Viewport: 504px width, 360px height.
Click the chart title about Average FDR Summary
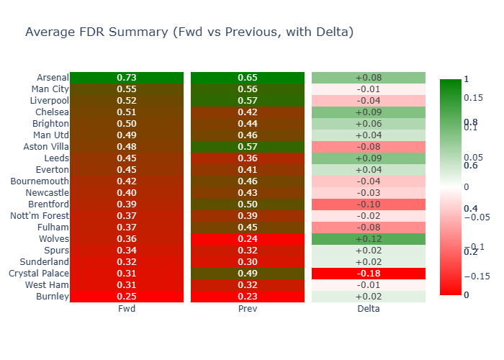[x=189, y=32]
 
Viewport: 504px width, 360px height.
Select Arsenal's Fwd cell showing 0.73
[x=127, y=78]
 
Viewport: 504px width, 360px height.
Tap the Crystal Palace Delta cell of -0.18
[x=369, y=274]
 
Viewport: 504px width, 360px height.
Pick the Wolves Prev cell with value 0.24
[x=248, y=239]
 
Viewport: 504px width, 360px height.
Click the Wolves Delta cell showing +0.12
[x=369, y=239]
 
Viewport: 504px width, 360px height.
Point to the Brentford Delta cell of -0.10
[x=369, y=204]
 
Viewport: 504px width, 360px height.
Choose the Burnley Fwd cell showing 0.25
[x=127, y=297]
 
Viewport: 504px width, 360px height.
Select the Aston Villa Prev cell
[x=248, y=147]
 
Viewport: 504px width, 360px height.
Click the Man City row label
[x=50, y=89]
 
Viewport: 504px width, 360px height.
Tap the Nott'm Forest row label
[x=40, y=216]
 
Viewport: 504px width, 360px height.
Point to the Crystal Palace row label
[x=39, y=274]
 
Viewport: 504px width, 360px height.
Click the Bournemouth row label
[x=40, y=181]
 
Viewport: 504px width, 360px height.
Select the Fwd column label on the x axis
[x=127, y=309]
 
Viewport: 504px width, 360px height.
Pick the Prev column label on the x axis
[x=248, y=309]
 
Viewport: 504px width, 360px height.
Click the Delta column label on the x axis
[x=369, y=309]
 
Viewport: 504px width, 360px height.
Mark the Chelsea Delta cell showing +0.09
[x=369, y=112]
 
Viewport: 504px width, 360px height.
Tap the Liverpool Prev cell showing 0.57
[x=248, y=101]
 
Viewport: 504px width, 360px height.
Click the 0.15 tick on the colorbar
[x=473, y=97]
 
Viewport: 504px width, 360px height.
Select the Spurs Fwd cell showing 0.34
[x=127, y=251]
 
